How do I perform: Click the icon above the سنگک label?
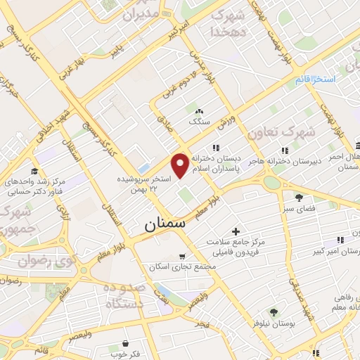click(x=199, y=110)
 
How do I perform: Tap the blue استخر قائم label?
click(x=313, y=79)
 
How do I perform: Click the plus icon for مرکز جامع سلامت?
click(x=235, y=231)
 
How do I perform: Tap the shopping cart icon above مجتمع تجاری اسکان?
click(x=183, y=256)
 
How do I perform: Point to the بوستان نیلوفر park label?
click(x=274, y=323)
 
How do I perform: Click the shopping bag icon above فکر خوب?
click(x=125, y=343)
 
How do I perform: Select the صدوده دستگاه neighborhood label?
click(x=125, y=297)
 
